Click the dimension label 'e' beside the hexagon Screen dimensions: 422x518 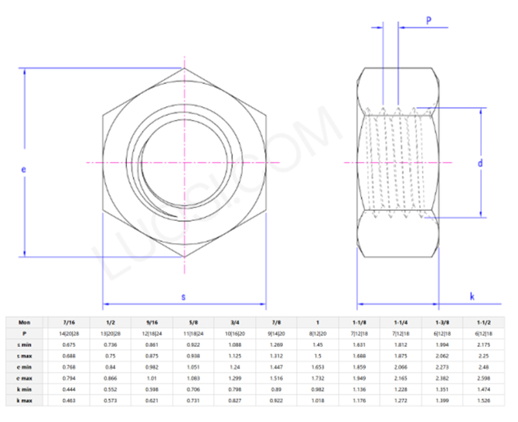[x=23, y=169]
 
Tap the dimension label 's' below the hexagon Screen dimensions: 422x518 [x=184, y=297]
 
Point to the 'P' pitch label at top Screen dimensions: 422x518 [x=429, y=21]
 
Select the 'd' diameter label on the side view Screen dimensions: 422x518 [x=480, y=163]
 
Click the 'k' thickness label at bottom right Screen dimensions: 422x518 [x=472, y=297]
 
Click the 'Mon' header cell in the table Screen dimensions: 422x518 [x=24, y=322]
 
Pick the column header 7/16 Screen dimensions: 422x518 [x=68, y=322]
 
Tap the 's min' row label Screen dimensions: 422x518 [x=24, y=344]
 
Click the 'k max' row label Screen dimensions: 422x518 [x=24, y=401]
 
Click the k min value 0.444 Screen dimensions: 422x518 [x=68, y=390]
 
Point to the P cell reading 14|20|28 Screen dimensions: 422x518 [x=68, y=333]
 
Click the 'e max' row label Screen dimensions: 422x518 [x=24, y=378]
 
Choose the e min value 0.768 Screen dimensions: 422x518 [x=68, y=367]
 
